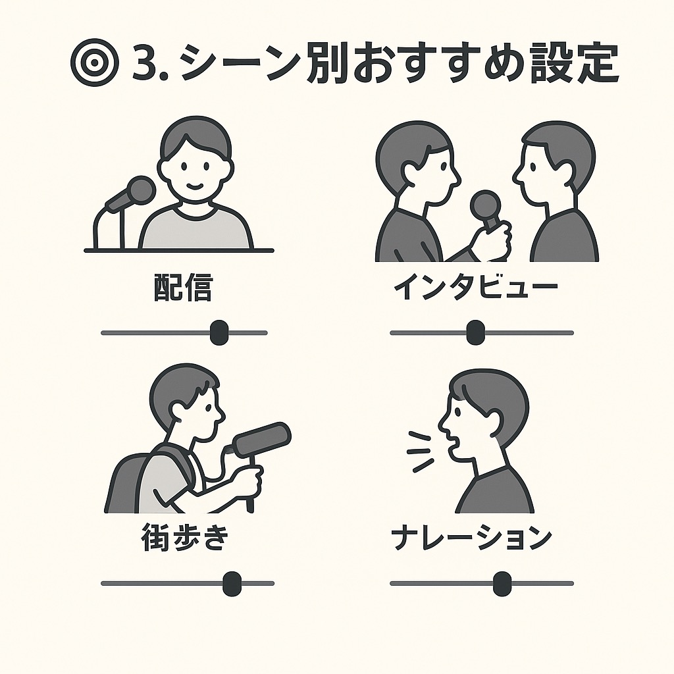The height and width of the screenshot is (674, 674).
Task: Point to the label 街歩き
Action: click(x=184, y=536)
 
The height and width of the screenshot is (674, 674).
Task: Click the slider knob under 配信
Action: click(x=219, y=332)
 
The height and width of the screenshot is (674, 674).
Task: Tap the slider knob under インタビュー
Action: click(x=475, y=332)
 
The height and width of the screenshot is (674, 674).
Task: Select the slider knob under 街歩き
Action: click(x=232, y=583)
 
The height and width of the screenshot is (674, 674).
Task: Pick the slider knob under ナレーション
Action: click(x=502, y=583)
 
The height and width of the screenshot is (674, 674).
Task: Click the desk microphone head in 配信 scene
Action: click(x=141, y=190)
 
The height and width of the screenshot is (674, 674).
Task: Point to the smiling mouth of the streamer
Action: click(x=195, y=186)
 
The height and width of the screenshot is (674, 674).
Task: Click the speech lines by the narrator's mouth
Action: click(x=421, y=452)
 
